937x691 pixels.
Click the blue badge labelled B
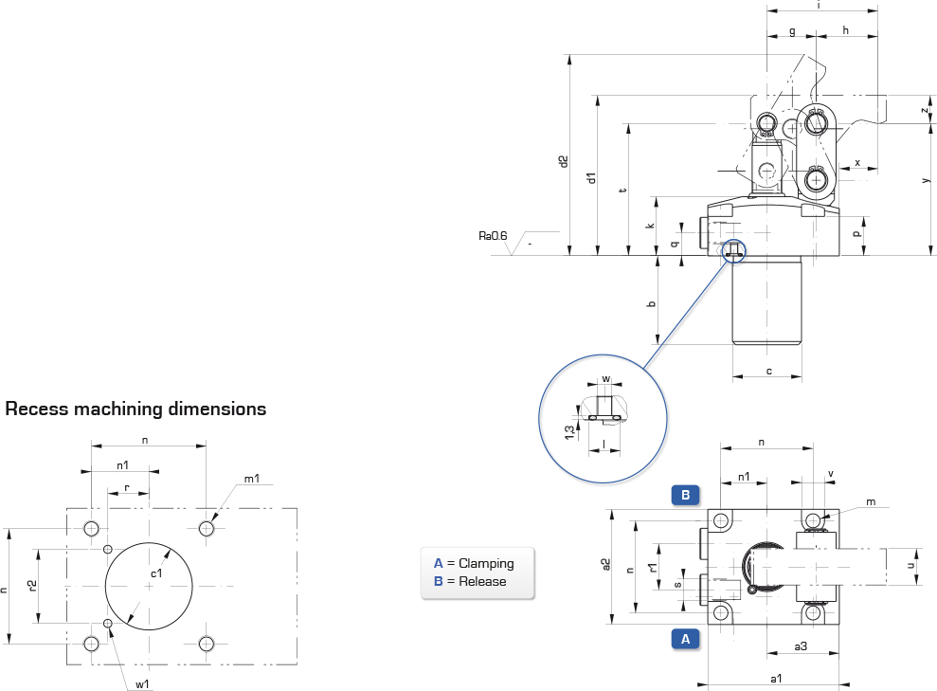[x=685, y=495]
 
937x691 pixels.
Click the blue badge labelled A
[x=685, y=639]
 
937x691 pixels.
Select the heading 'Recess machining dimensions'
[x=135, y=409]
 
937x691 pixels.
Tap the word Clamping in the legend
[x=486, y=564]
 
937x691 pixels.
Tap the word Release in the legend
[x=482, y=582]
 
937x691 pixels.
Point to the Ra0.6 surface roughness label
[x=493, y=236]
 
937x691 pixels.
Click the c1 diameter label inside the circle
[x=156, y=573]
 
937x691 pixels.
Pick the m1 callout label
[x=252, y=479]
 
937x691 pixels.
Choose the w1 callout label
[x=142, y=684]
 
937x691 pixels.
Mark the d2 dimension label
[x=564, y=161]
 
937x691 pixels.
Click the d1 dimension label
[x=591, y=178]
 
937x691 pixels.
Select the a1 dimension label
[x=776, y=679]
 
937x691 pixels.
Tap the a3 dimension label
[x=801, y=646]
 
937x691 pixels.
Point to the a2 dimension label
[x=606, y=565]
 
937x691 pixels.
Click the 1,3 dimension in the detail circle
[x=569, y=432]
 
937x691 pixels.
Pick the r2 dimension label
[x=32, y=586]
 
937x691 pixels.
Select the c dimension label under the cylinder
[x=769, y=372]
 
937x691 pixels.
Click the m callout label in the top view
[x=871, y=502]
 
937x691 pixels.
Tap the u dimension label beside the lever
[x=910, y=566]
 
